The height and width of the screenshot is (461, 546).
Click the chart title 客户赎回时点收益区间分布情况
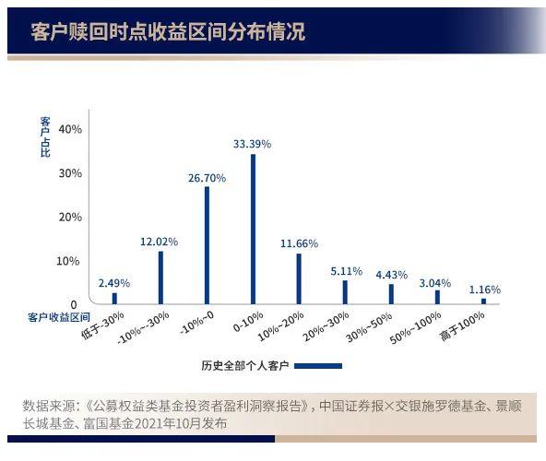click(x=167, y=33)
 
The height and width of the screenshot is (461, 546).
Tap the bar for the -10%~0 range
click(x=207, y=244)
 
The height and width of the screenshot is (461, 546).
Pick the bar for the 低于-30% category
click(x=114, y=298)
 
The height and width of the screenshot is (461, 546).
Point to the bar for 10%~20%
click(x=299, y=278)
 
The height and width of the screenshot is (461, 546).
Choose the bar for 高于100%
click(x=483, y=301)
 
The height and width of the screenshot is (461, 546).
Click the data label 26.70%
click(x=207, y=177)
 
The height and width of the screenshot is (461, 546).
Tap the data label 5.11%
click(x=346, y=271)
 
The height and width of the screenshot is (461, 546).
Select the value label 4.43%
click(x=392, y=274)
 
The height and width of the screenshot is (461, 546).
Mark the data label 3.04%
click(x=437, y=282)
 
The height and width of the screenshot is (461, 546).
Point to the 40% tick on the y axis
click(x=70, y=129)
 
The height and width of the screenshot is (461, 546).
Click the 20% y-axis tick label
click(x=70, y=217)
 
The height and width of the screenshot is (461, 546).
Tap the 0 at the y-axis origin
click(x=74, y=304)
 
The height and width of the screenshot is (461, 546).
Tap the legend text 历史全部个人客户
click(x=244, y=366)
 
